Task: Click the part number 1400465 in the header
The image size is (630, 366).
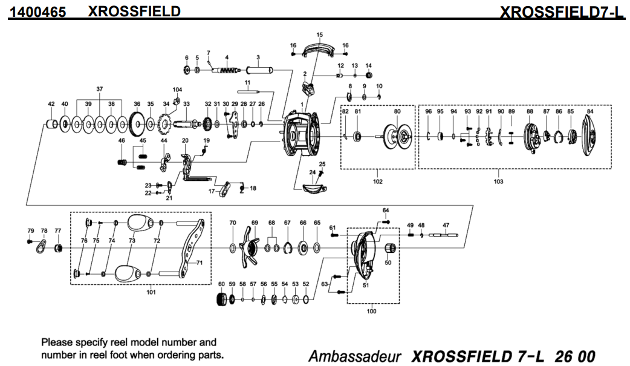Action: [x=37, y=11]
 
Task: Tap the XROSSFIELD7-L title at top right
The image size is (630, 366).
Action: [x=562, y=11]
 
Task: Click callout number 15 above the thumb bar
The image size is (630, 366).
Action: [x=319, y=34]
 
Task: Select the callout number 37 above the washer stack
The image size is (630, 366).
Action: [x=100, y=89]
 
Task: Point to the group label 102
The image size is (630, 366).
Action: [x=378, y=180]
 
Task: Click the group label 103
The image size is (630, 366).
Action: [x=498, y=180]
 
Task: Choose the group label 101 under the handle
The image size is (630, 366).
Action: [x=151, y=293]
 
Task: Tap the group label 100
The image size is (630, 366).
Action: [x=371, y=311]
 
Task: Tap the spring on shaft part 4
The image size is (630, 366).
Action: [x=226, y=71]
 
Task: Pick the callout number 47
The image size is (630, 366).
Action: [x=446, y=225]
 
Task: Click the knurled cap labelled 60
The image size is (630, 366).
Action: [x=221, y=299]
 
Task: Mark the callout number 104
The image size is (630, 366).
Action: [x=177, y=89]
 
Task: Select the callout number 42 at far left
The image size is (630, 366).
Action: [x=51, y=103]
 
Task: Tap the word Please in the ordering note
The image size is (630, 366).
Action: [x=58, y=342]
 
